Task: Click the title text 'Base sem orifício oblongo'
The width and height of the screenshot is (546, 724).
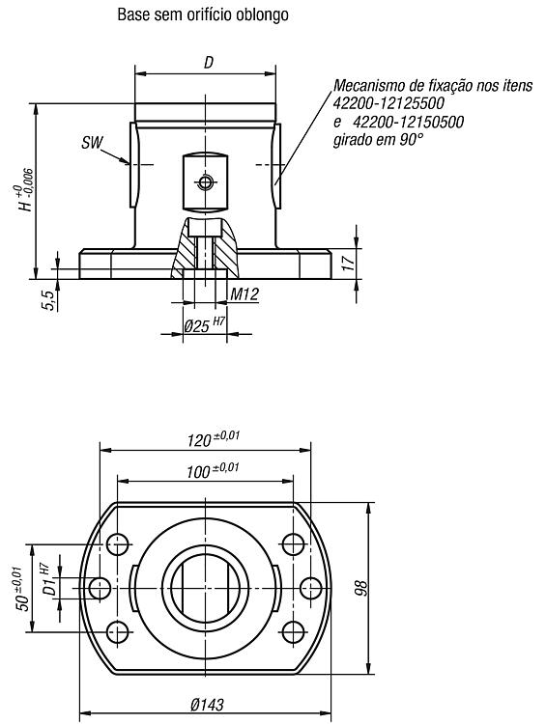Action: pyautogui.click(x=203, y=14)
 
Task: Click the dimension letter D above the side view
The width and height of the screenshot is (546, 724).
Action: pyautogui.click(x=209, y=63)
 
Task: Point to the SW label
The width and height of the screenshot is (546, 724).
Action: pyautogui.click(x=92, y=143)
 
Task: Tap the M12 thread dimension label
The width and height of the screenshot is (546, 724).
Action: pyautogui.click(x=244, y=294)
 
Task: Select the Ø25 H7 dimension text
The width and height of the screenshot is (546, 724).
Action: pyautogui.click(x=204, y=324)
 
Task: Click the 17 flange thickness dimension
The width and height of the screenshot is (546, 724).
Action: pyautogui.click(x=349, y=262)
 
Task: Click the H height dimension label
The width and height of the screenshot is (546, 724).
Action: pyautogui.click(x=26, y=190)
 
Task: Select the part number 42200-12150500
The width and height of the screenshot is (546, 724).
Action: pyautogui.click(x=409, y=122)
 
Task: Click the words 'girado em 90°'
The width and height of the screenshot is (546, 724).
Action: pyautogui.click(x=378, y=139)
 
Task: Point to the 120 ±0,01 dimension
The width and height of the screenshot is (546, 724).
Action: pyautogui.click(x=214, y=438)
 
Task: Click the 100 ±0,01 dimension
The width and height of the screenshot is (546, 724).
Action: pyautogui.click(x=213, y=470)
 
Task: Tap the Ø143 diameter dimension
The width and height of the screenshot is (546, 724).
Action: pyautogui.click(x=207, y=705)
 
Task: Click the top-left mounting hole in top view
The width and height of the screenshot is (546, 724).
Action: pyautogui.click(x=118, y=544)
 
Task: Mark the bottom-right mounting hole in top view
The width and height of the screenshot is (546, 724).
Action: pyautogui.click(x=293, y=632)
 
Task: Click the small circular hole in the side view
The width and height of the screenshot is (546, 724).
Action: pyautogui.click(x=205, y=182)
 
